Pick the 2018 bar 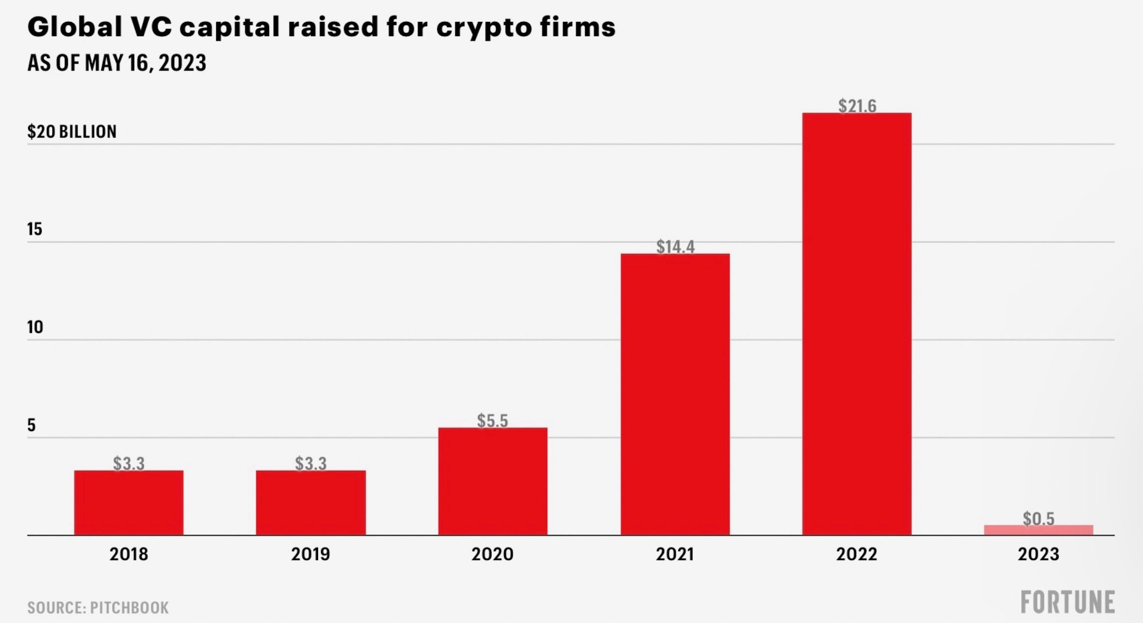128,502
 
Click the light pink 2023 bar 1038,530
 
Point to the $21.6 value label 857,106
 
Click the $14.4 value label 675,247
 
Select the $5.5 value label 492,421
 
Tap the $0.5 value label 1038,518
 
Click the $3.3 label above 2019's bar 311,463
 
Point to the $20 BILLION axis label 72,131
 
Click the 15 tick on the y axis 35,229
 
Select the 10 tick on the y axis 35,327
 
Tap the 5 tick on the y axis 32,425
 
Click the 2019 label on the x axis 310,554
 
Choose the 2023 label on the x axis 1038,554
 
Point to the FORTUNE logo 1067,602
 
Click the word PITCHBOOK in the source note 129,607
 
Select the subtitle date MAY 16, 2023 145,63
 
